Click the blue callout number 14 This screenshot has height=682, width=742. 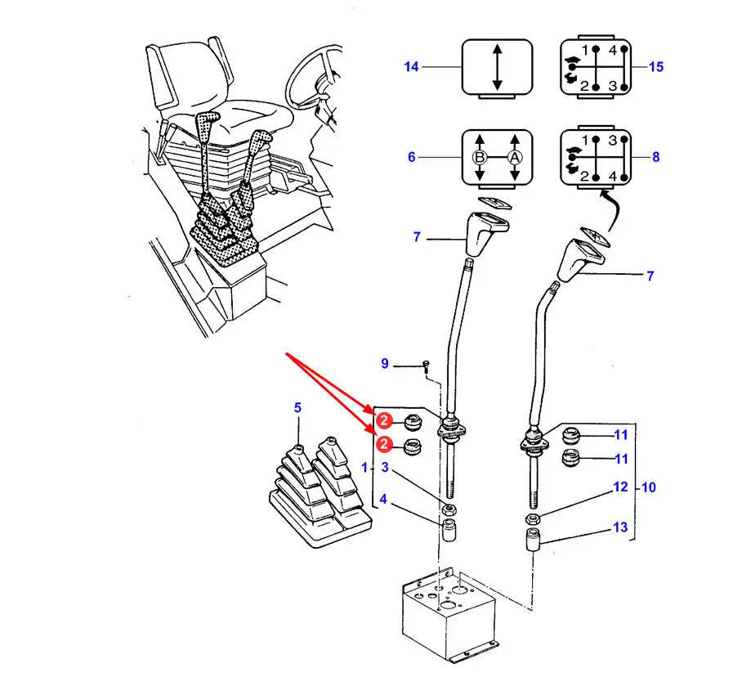pos(411,67)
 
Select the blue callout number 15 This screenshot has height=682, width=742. pos(656,67)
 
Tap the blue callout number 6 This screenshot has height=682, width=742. pos(412,157)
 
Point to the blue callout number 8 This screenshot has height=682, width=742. pos(656,157)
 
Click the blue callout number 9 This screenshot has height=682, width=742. pos(385,363)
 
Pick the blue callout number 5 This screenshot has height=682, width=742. pos(297,407)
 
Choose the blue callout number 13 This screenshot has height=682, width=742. pos(620,527)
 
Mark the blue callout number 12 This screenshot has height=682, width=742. pos(620,487)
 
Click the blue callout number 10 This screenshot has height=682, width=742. pos(649,487)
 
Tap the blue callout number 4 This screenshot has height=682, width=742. pos(383,499)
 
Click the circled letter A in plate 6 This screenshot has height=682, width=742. pos(514,157)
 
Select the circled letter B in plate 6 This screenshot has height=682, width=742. pos(480,157)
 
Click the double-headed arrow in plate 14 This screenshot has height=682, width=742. pos(497,67)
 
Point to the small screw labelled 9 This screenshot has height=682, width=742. pos(427,366)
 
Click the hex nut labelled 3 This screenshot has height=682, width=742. pos(449,510)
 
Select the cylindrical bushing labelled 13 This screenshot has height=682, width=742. pos(534,541)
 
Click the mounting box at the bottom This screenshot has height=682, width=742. pos(449,613)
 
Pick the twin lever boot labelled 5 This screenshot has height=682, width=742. pos(320,492)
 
